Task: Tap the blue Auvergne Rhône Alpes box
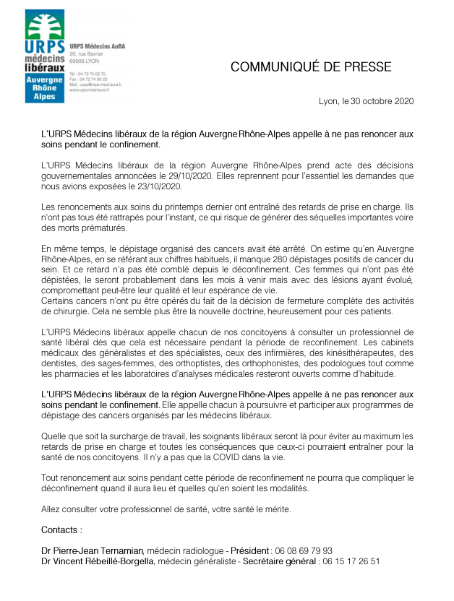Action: pyautogui.click(x=45, y=87)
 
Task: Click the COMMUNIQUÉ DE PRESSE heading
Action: pyautogui.click(x=311, y=67)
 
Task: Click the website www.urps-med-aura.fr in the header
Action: pyautogui.click(x=90, y=90)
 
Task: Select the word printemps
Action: pyautogui.click(x=170, y=206)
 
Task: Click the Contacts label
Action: pyautogui.click(x=61, y=530)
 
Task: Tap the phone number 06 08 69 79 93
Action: pyautogui.click(x=306, y=550)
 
